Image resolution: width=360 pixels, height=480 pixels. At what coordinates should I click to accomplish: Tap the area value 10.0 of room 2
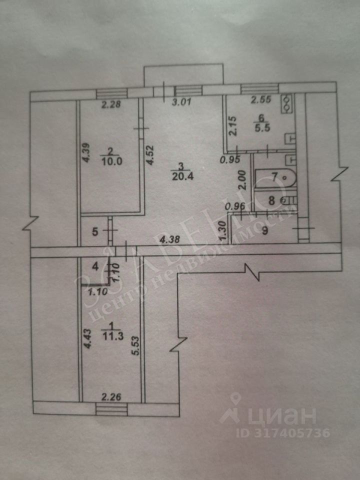(109, 160)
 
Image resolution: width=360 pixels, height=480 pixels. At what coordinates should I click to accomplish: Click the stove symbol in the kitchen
(288, 104)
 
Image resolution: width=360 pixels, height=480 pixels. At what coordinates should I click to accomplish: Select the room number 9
(265, 230)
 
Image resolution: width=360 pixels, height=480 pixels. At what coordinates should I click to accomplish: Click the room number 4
(95, 266)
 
